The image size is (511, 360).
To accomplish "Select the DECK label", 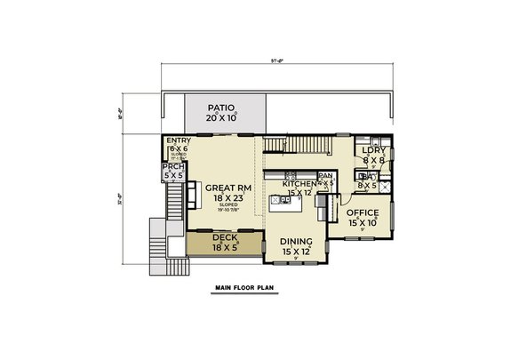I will point(225,236).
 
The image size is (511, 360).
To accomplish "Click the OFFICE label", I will point(363,213).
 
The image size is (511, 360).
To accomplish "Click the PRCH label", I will point(172,167).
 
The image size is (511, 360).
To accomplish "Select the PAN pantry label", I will point(324,176).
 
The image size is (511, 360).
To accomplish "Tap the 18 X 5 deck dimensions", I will point(225,247).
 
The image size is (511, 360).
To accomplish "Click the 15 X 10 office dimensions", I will point(363,224).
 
